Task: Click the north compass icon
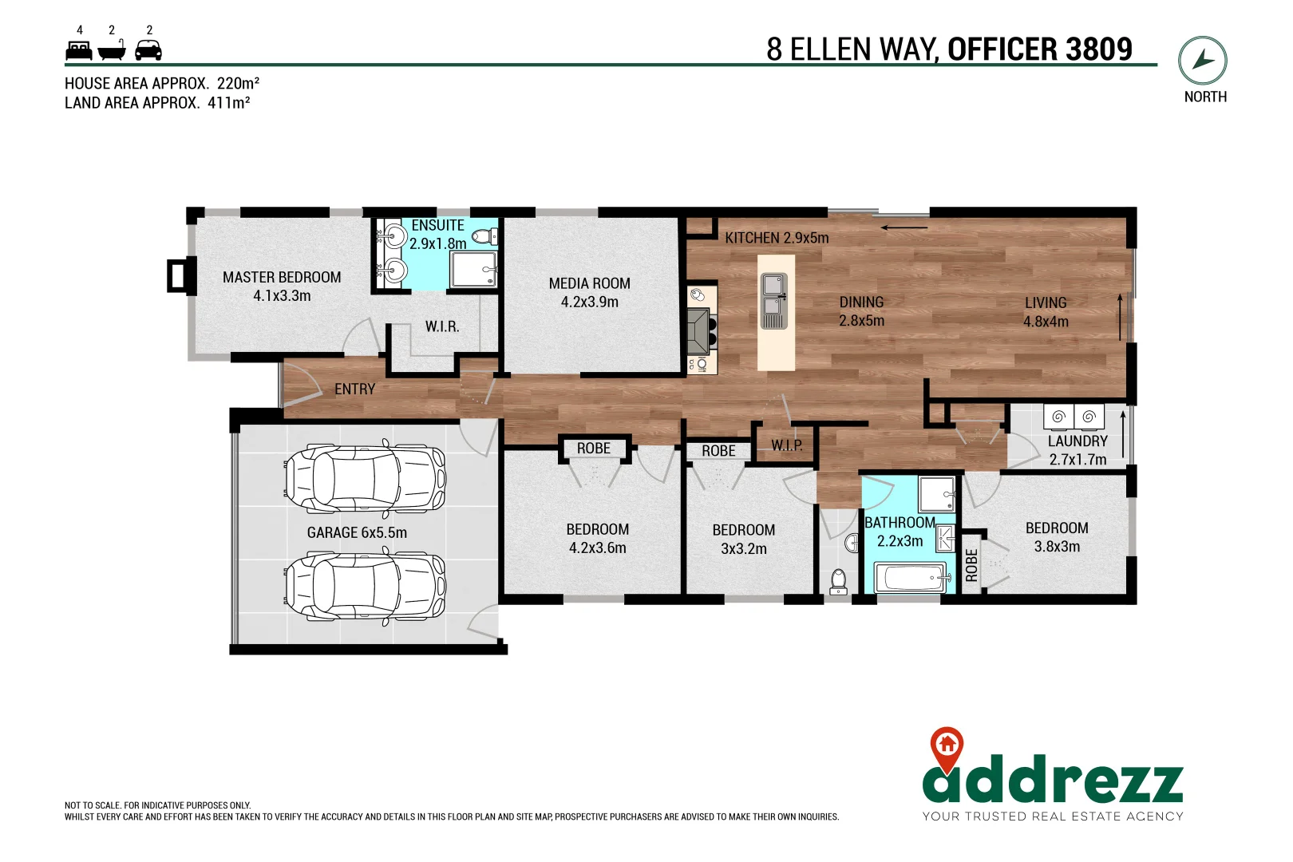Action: tap(1202, 61)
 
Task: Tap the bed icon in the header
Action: tap(78, 51)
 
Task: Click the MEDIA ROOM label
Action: tap(589, 283)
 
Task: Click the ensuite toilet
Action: tap(484, 235)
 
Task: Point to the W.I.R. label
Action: tap(441, 326)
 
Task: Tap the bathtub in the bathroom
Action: tap(911, 578)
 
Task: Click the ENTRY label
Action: tap(354, 389)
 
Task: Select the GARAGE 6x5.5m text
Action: tap(357, 532)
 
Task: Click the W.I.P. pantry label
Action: tap(786, 445)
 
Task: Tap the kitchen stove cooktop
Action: tap(700, 330)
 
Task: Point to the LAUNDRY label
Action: tap(1077, 441)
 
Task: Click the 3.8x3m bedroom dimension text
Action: tap(1057, 547)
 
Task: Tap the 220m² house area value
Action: tap(238, 83)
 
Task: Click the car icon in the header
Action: tap(148, 51)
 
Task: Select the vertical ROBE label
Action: tap(971, 565)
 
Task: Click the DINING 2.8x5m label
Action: tap(861, 311)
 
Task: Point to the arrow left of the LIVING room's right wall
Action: tap(1120, 317)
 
